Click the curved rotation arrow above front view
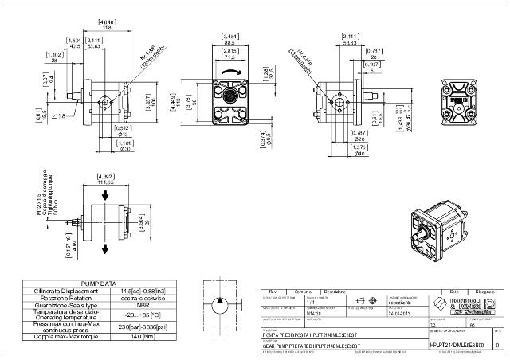point(231,71)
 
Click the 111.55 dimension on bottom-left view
point(104,182)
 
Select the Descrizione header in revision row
point(333,292)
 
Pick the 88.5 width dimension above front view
point(231,43)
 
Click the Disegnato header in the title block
point(485,292)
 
